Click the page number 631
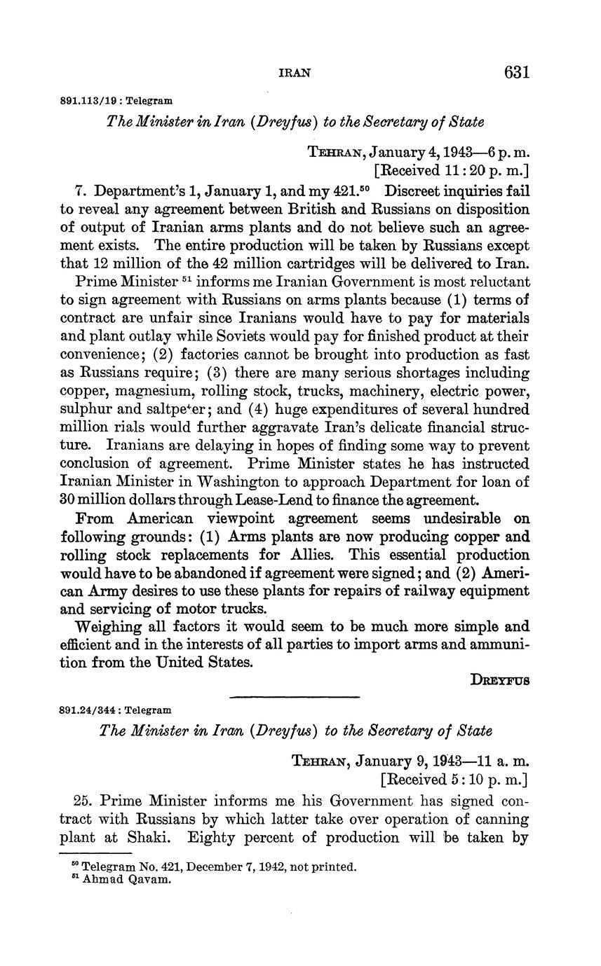tap(516, 73)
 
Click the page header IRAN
tap(295, 73)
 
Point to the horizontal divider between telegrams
tap(295, 696)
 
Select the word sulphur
tap(84, 409)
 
